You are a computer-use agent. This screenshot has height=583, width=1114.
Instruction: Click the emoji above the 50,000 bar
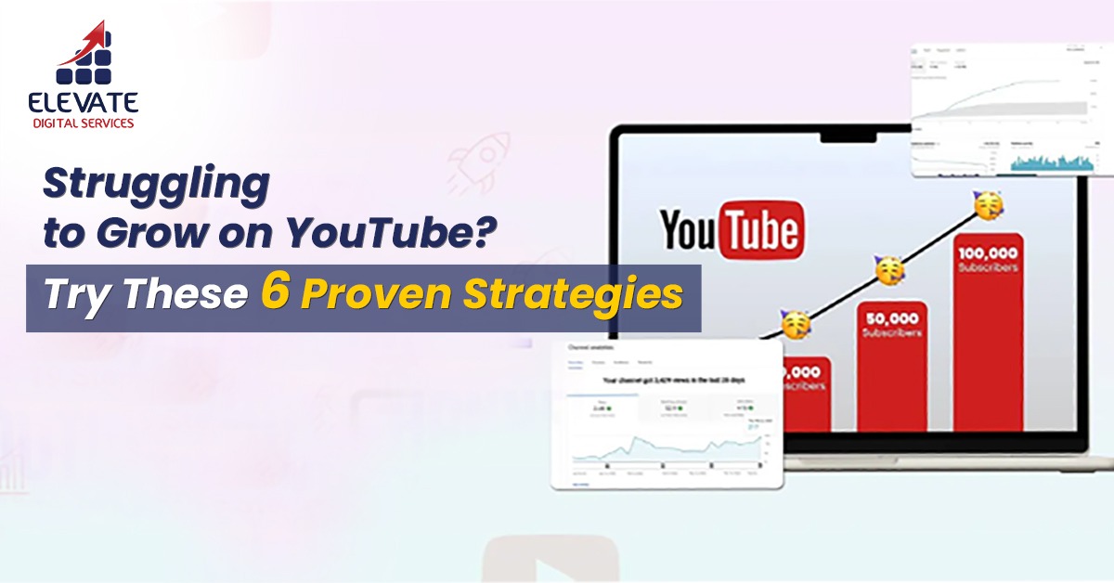coord(889,271)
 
